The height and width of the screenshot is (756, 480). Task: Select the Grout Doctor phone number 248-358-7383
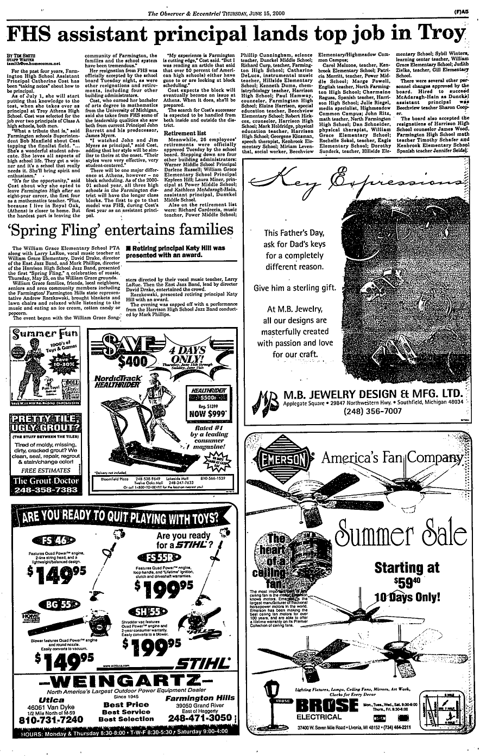pos(46,490)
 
